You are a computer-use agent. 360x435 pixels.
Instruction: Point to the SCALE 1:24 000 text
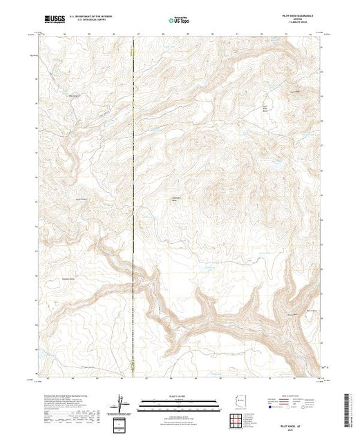click(x=180, y=396)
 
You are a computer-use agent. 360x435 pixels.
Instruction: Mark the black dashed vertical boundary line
click(x=133, y=207)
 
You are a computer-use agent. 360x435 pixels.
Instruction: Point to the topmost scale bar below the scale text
click(x=180, y=400)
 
